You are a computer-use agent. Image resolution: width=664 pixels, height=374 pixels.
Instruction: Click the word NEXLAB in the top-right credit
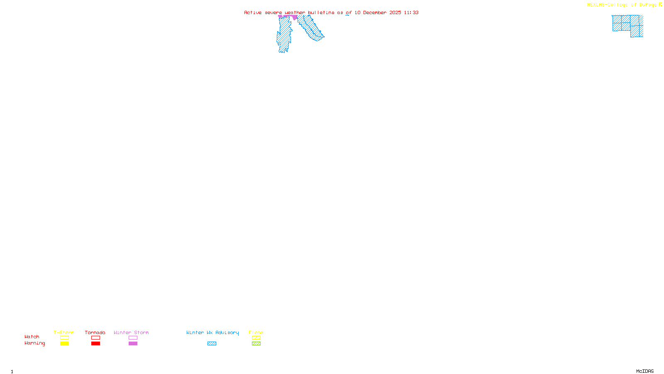tap(596, 5)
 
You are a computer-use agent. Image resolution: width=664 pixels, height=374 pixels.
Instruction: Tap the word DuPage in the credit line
tap(648, 5)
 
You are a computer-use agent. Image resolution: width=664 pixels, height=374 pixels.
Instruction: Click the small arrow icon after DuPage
tap(661, 5)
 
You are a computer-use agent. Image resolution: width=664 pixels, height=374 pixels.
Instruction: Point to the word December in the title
tap(375, 12)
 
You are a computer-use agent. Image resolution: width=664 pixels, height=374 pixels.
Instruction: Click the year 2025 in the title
tap(395, 12)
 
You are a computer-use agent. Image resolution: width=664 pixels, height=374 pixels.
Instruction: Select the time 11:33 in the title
tap(411, 12)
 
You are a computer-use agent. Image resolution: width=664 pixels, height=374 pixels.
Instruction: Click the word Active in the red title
tap(253, 12)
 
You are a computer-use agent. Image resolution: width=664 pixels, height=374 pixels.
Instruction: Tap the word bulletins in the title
tap(321, 12)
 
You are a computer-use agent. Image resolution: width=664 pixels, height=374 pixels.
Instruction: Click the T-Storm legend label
tap(64, 332)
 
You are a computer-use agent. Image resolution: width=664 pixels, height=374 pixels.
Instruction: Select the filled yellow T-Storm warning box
tap(64, 344)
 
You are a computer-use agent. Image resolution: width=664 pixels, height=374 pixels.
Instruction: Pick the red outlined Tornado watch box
tap(96, 338)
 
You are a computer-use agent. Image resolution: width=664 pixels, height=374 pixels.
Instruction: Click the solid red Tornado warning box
tap(96, 344)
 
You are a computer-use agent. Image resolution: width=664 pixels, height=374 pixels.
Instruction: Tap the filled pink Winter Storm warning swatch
tap(133, 344)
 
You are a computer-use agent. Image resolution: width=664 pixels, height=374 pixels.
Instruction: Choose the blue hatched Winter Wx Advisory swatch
tap(212, 344)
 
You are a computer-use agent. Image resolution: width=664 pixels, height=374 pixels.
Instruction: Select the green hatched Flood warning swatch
tap(256, 344)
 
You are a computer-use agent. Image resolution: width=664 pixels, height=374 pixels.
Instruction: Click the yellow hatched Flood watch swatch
tap(256, 338)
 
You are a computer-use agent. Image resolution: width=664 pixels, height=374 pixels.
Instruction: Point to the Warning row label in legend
tap(34, 343)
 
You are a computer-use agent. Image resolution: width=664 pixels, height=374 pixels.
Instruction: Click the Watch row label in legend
tap(32, 337)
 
